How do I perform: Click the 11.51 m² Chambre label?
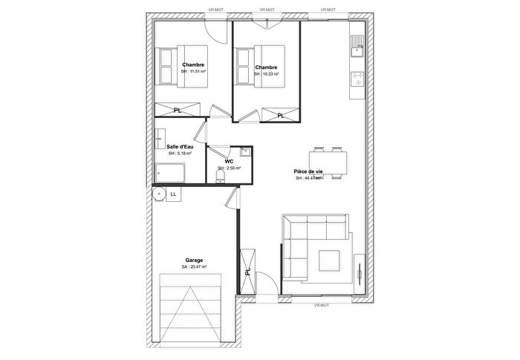point(193,65)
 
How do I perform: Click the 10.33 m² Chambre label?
point(266,68)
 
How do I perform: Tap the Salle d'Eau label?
point(180,147)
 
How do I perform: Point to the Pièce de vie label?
point(308,171)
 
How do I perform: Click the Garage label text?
point(193,261)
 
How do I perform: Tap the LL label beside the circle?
point(173,194)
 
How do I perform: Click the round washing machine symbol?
point(158,194)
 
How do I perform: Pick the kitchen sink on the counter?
point(357,48)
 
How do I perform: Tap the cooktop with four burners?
point(357,80)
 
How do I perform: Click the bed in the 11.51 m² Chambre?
point(181,67)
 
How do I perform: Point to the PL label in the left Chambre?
point(177,111)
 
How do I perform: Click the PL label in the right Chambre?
point(280,115)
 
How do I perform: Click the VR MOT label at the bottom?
point(321,305)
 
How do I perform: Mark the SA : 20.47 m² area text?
point(193,267)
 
